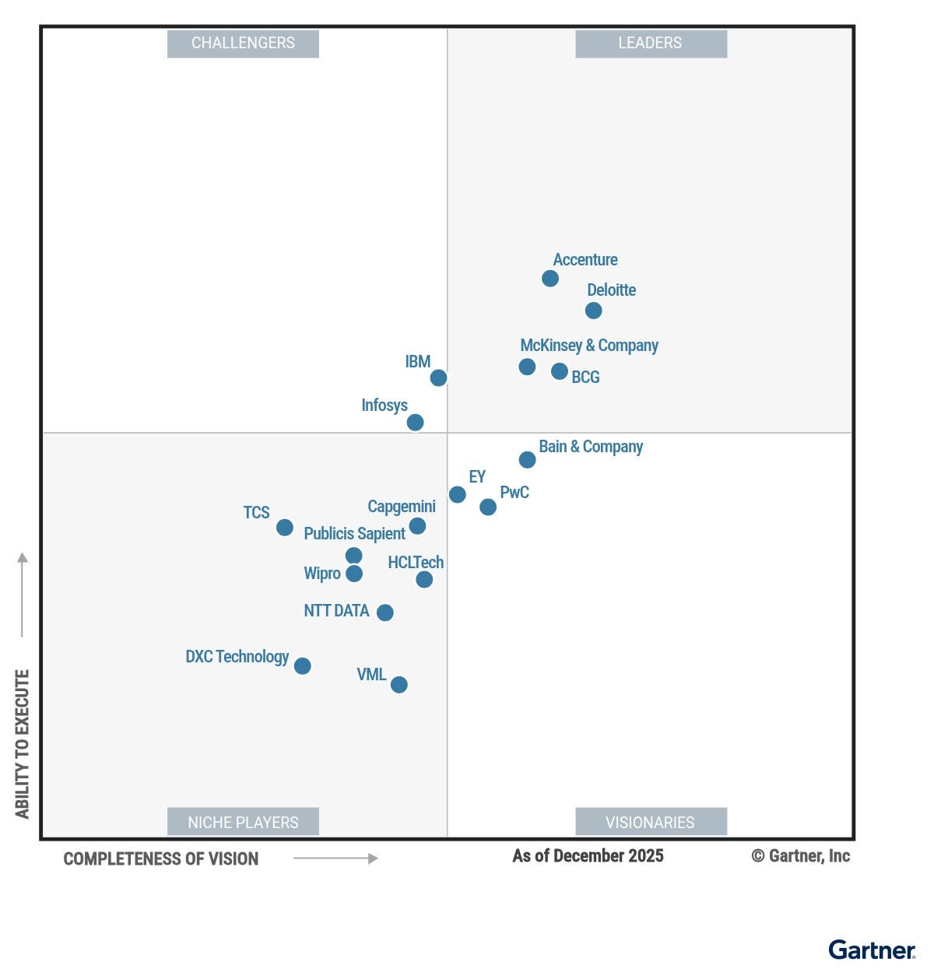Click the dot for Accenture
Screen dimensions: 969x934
pyautogui.click(x=550, y=279)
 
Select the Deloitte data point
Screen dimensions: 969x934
pyautogui.click(x=593, y=311)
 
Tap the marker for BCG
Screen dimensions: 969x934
pyautogui.click(x=559, y=371)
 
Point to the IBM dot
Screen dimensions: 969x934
pyautogui.click(x=438, y=377)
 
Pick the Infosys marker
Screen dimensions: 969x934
pyautogui.click(x=415, y=422)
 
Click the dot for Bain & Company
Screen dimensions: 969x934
pyautogui.click(x=527, y=460)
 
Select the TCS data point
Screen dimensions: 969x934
pyautogui.click(x=285, y=528)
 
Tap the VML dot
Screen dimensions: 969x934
pyautogui.click(x=399, y=685)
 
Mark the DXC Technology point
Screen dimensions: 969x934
pyautogui.click(x=303, y=666)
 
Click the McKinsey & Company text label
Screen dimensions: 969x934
pyautogui.click(x=588, y=345)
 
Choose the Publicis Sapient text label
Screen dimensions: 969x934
pyautogui.click(x=354, y=534)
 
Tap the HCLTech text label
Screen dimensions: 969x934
pyautogui.click(x=416, y=562)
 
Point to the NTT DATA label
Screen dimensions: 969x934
pyautogui.click(x=336, y=611)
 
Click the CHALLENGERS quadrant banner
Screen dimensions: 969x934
pyautogui.click(x=243, y=44)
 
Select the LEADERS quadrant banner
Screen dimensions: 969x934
pyautogui.click(x=651, y=44)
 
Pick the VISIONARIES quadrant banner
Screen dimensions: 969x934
pyautogui.click(x=651, y=822)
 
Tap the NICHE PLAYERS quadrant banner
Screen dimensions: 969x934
pyautogui.click(x=243, y=822)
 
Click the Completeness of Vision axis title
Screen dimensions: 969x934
pyautogui.click(x=161, y=859)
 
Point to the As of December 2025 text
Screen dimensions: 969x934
pyautogui.click(x=588, y=856)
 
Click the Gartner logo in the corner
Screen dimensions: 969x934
pyautogui.click(x=872, y=950)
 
